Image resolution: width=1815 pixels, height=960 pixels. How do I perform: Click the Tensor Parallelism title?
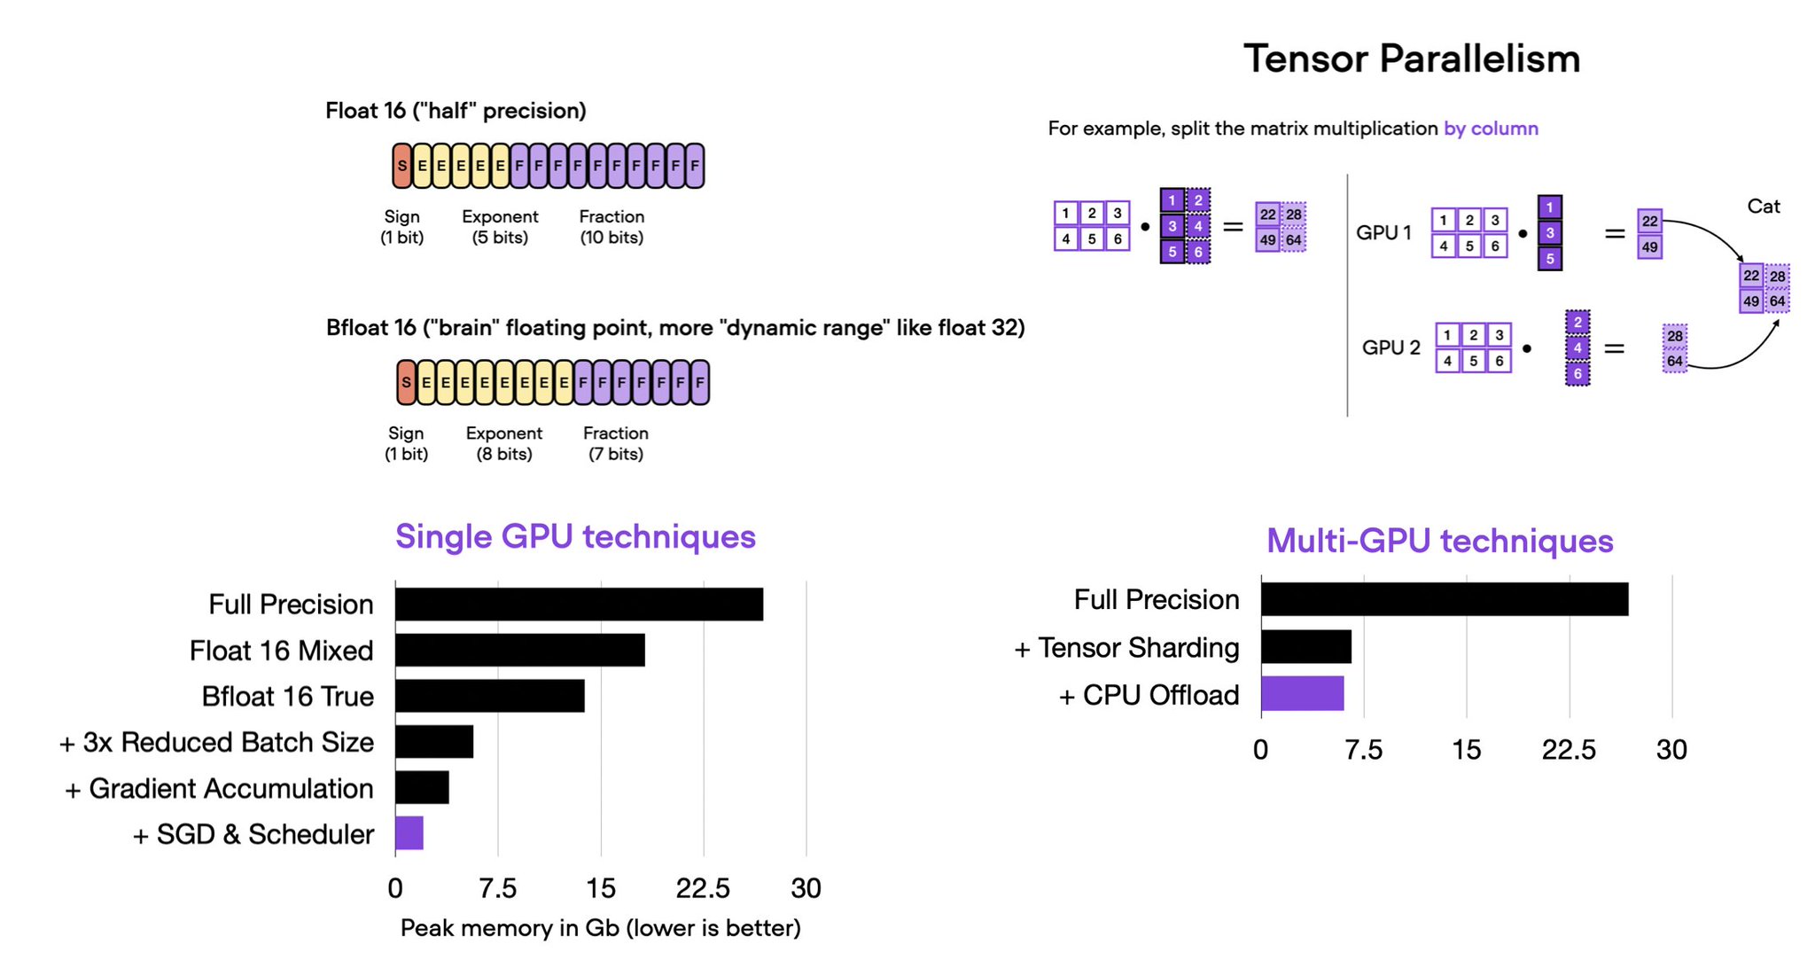[1411, 59]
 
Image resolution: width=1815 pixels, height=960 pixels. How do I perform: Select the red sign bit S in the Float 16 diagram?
[402, 166]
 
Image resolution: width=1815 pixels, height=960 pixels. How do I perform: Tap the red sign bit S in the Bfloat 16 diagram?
[406, 383]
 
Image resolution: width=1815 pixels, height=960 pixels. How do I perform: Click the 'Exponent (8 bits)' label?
[503, 443]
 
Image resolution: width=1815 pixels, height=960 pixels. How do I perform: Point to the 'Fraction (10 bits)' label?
[611, 227]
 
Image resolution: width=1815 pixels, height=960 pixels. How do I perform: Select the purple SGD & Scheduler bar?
[409, 833]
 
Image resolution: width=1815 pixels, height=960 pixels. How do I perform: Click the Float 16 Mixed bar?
[519, 650]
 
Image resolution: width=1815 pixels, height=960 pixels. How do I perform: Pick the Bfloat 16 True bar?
[489, 696]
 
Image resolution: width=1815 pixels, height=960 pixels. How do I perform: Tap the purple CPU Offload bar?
[1302, 693]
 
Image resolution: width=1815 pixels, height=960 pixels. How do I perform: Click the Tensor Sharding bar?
[1305, 647]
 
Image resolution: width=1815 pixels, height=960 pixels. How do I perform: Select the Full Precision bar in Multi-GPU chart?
[1444, 599]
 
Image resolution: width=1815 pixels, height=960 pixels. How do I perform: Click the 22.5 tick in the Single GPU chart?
[703, 888]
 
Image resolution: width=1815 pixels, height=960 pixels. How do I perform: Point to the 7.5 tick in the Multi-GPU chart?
[1363, 750]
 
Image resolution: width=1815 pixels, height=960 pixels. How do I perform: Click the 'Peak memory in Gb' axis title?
[600, 928]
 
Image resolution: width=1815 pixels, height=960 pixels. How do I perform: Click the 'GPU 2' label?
[1390, 347]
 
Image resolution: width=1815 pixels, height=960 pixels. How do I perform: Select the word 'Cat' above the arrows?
[1763, 207]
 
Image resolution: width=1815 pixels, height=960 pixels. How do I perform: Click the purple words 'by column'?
[1491, 129]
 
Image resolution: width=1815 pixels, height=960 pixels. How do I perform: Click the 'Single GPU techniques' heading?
[575, 536]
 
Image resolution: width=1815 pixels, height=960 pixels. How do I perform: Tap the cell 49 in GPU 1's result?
[1649, 247]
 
